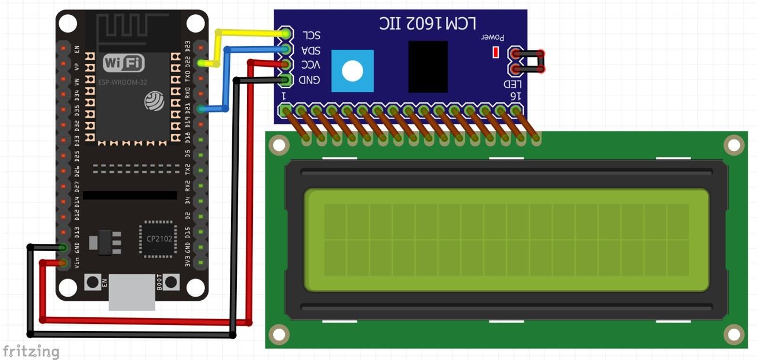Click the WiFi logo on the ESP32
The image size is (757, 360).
[x=124, y=63]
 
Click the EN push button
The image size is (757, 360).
[x=92, y=282]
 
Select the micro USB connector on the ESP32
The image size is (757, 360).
[x=132, y=292]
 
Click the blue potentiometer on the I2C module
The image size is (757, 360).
[x=352, y=71]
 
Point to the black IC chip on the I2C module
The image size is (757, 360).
[x=428, y=66]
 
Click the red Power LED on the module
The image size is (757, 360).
[x=496, y=53]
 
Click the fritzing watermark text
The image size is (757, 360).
[x=30, y=351]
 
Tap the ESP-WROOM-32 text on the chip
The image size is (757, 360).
[x=124, y=82]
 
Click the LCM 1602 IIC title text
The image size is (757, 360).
[x=428, y=23]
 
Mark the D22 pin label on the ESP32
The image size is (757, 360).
[x=188, y=62]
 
